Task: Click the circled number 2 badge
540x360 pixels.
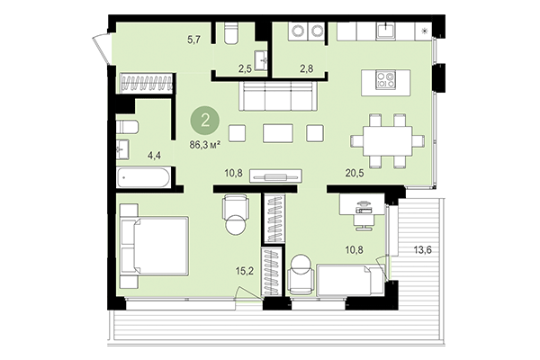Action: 208,119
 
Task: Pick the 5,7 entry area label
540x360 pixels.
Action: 193,40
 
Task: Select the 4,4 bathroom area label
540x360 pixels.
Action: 156,154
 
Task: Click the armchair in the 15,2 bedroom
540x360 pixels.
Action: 234,215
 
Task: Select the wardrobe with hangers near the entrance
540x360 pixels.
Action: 145,84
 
